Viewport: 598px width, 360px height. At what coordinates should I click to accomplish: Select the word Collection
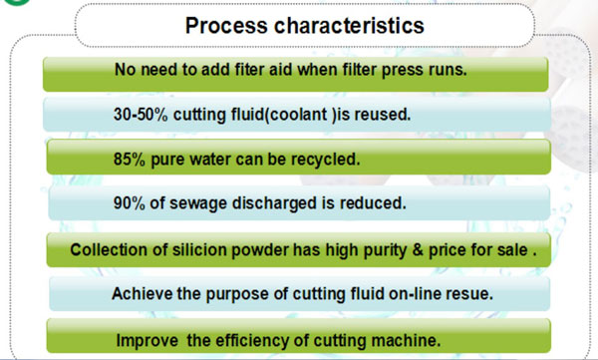[111, 248]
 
